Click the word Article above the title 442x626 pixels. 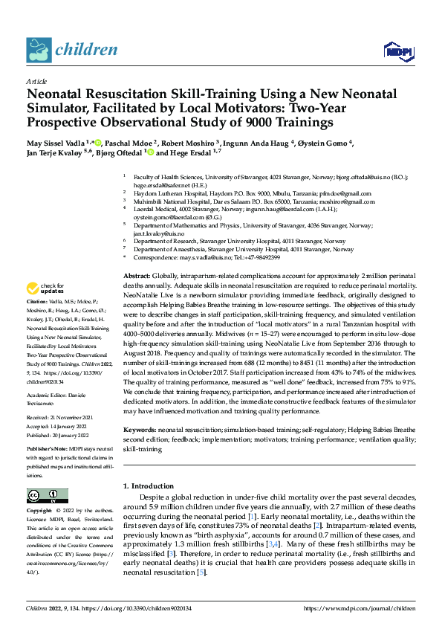(x=36, y=81)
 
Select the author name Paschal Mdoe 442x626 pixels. (x=130, y=142)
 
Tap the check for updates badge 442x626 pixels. (x=45, y=288)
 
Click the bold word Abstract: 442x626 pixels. (x=139, y=276)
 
